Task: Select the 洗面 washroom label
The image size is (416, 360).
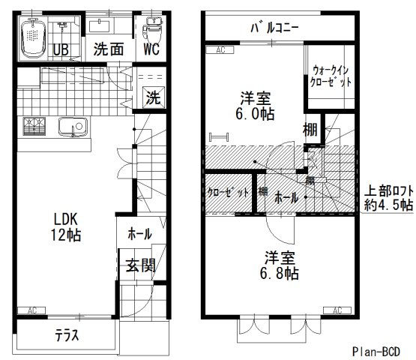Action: [108, 49]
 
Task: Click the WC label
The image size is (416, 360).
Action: [152, 49]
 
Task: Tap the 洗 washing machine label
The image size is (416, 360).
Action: [151, 97]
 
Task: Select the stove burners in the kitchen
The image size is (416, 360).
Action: [34, 128]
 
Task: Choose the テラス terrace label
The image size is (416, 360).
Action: [67, 334]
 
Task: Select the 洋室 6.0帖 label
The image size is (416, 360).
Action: [255, 106]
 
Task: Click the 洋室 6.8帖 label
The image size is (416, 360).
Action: [280, 265]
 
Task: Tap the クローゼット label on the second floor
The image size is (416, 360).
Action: [228, 193]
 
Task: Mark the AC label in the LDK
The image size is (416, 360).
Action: [31, 310]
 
